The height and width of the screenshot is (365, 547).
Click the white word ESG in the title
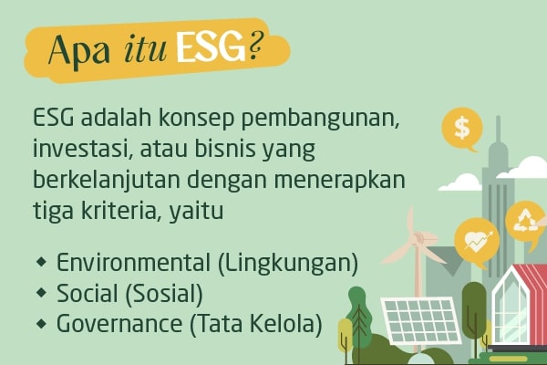[x=212, y=47]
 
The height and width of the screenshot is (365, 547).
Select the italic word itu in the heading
[x=146, y=49]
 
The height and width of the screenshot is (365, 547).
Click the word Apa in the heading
[x=79, y=51]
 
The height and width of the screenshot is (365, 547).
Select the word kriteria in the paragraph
[x=119, y=210]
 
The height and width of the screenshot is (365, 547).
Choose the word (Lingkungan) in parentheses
[x=288, y=264]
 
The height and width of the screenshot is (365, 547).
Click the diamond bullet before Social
[x=41, y=293]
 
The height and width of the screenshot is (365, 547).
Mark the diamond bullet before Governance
[x=41, y=323]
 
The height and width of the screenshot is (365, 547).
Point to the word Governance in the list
[x=119, y=324]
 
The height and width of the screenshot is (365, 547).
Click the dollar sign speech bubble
[x=462, y=129]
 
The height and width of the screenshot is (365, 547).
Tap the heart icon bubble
[x=477, y=240]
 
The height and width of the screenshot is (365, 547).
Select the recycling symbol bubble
[x=525, y=222]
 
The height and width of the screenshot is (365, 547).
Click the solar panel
[x=419, y=319]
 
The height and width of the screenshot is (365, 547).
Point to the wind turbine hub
[x=418, y=239]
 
